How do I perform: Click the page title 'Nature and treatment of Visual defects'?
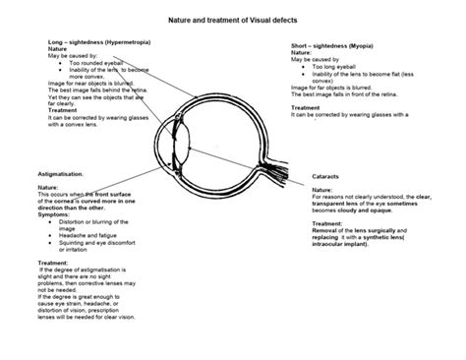point(233,19)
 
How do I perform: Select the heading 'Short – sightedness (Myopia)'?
point(340,46)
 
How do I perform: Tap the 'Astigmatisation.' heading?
point(54,172)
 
